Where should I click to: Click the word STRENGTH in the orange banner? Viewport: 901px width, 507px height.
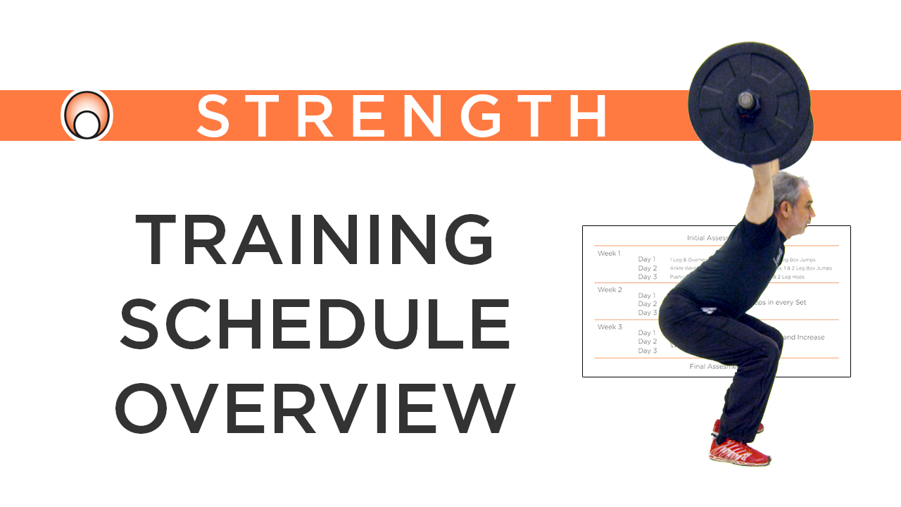pyautogui.click(x=402, y=115)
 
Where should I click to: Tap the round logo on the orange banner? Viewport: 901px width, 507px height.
pyautogui.click(x=87, y=115)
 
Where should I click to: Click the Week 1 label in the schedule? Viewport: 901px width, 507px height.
pyautogui.click(x=610, y=254)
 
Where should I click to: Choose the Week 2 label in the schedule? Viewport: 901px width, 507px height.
pyautogui.click(x=610, y=289)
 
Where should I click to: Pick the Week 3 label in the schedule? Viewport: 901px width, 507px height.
pyautogui.click(x=610, y=327)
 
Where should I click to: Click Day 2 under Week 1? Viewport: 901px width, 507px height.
pyautogui.click(x=647, y=268)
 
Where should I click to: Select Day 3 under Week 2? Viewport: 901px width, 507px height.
pyautogui.click(x=647, y=312)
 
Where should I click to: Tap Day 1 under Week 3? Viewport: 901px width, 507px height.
pyautogui.click(x=647, y=333)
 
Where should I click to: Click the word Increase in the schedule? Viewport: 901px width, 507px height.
pyautogui.click(x=806, y=337)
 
